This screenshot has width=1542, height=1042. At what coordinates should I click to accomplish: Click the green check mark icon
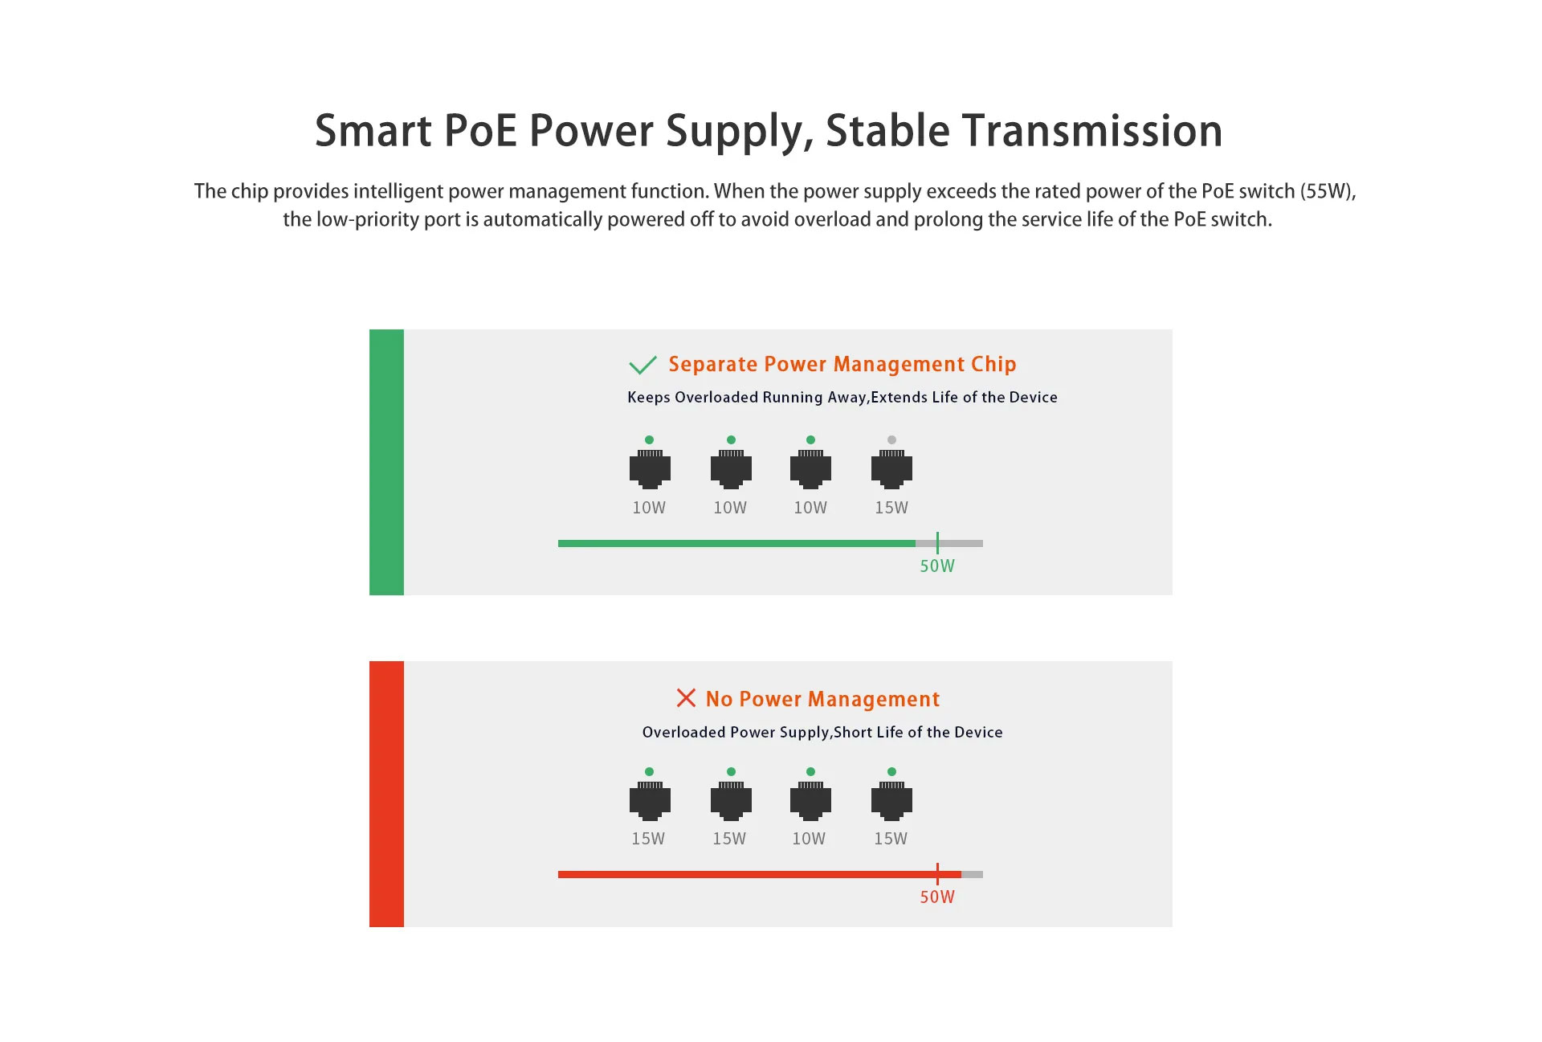[x=642, y=366]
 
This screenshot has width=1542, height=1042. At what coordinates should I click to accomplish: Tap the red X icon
[x=686, y=697]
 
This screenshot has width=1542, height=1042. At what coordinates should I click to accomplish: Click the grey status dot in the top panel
[x=891, y=439]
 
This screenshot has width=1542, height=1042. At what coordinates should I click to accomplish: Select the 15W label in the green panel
[x=891, y=508]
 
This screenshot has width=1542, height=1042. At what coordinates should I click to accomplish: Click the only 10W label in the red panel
[x=809, y=839]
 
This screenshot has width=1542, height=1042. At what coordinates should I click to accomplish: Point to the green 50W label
[x=937, y=566]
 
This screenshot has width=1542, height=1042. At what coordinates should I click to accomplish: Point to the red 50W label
[x=937, y=897]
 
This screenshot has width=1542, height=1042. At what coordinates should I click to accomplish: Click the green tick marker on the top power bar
[x=937, y=543]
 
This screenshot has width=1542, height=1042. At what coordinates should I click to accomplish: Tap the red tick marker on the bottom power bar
[x=937, y=874]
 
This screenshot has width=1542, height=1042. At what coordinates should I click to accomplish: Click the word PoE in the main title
[x=480, y=130]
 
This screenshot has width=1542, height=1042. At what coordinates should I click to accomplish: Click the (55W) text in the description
[x=1328, y=191]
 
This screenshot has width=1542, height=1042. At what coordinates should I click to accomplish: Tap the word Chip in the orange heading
[x=993, y=365]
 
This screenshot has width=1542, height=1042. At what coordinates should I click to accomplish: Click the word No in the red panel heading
[x=719, y=699]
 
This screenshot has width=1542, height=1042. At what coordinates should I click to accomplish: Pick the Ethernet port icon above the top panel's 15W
[x=891, y=469]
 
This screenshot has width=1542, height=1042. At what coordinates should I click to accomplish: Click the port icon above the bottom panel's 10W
[x=810, y=801]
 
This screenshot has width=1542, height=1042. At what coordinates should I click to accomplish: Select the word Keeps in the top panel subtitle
[x=649, y=397]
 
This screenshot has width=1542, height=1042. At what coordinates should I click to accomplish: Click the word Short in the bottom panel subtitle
[x=853, y=732]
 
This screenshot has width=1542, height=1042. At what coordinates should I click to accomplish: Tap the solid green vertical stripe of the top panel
[x=386, y=462]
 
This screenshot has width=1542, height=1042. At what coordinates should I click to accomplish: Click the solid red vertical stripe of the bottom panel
[x=386, y=794]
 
